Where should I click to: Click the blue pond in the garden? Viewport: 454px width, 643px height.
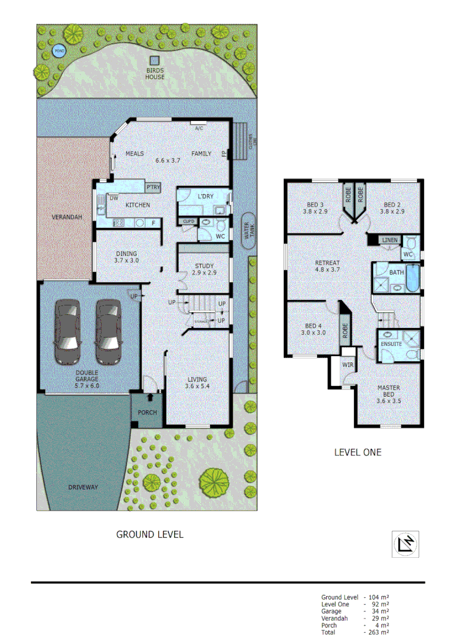(x=58, y=51)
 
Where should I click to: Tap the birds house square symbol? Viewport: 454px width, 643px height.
(x=155, y=61)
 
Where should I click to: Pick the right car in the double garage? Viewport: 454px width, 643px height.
(x=108, y=331)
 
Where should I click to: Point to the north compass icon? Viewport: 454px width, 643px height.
(x=405, y=544)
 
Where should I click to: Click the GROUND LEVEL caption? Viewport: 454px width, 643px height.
(x=149, y=535)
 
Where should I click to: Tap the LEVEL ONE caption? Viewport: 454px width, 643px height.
(x=357, y=452)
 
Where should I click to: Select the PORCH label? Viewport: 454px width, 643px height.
(x=148, y=412)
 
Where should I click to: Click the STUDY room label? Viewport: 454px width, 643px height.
(x=205, y=266)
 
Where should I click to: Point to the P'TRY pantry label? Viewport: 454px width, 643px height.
(x=153, y=188)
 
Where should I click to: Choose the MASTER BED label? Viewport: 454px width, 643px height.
(x=389, y=391)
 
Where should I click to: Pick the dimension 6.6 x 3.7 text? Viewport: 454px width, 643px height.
(x=168, y=160)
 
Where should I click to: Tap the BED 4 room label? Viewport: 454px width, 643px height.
(x=313, y=326)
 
